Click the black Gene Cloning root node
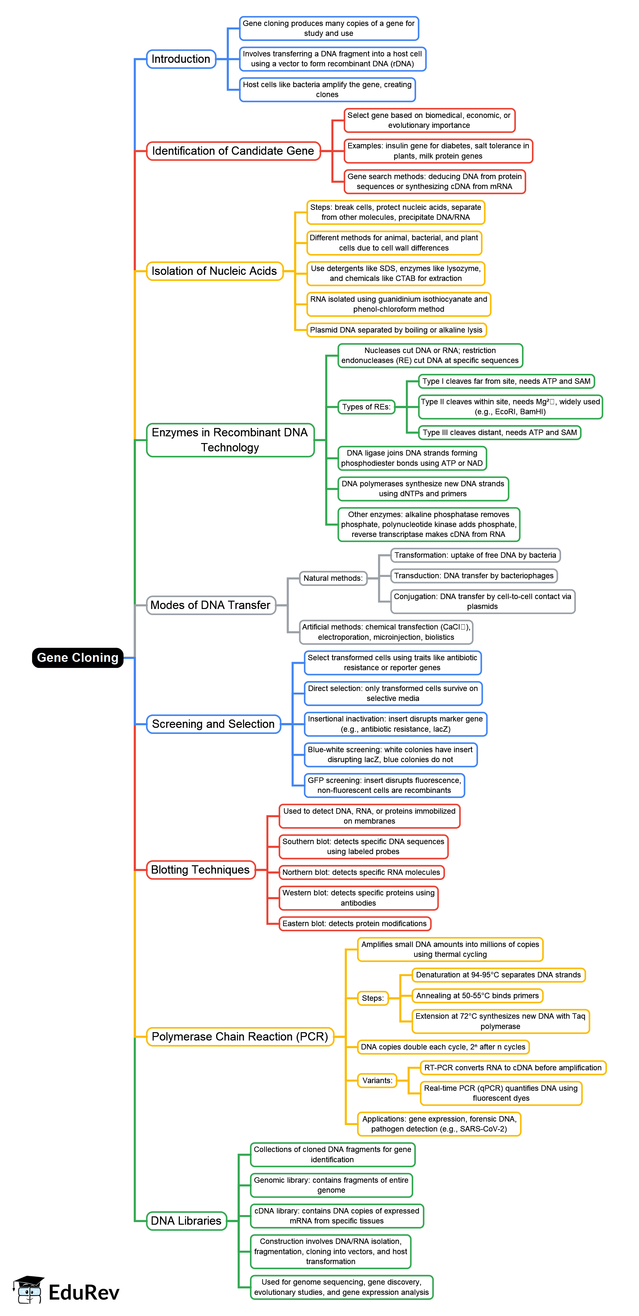pos(77,657)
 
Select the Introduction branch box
pos(181,59)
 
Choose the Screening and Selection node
pos(213,724)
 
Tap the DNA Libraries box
pos(186,1221)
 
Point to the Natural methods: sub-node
pos(333,578)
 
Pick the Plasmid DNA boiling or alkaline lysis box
pos(396,330)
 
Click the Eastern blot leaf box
pos(354,924)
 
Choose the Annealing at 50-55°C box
pos(477,996)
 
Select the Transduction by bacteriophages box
pos(473,576)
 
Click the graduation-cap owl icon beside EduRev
pos(29,1290)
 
